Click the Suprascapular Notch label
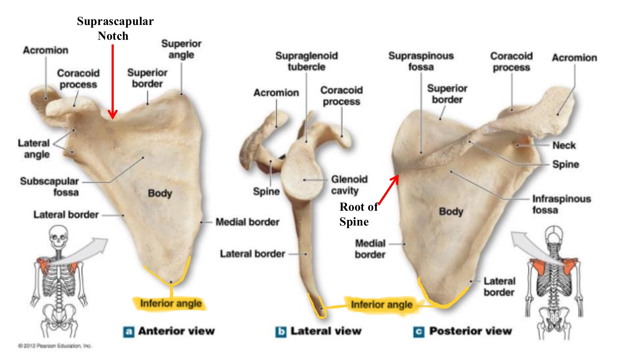[x=115, y=28]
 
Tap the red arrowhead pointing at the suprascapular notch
[x=113, y=115]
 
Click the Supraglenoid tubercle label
[x=307, y=61]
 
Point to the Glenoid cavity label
[x=349, y=185]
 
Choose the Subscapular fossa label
[x=50, y=186]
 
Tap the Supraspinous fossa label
[x=421, y=61]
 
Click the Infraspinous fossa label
[x=561, y=204]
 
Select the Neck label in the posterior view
[x=564, y=145]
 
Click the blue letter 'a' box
[x=128, y=332]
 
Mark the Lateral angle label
[x=34, y=149]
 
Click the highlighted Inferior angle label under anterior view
[x=171, y=303]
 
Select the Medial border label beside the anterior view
[x=247, y=222]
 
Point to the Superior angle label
[x=181, y=49]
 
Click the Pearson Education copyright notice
[x=55, y=346]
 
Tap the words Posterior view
[x=470, y=331]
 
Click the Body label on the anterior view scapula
[x=160, y=193]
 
